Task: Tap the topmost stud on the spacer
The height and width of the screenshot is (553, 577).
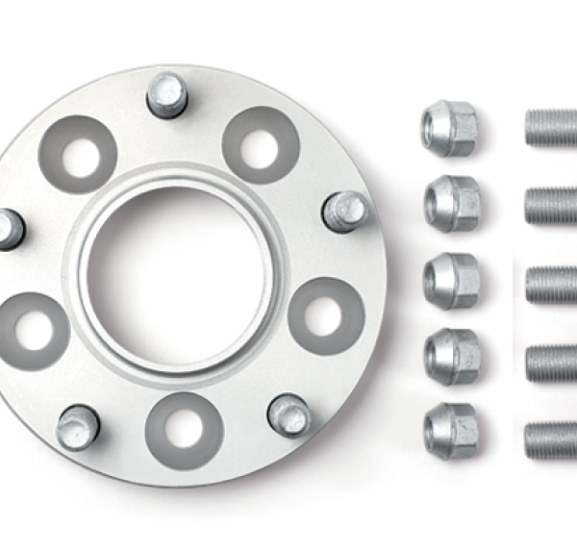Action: pos(167,94)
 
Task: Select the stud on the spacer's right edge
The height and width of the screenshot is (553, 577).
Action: pos(344,211)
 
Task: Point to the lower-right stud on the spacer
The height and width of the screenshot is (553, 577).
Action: pos(289,414)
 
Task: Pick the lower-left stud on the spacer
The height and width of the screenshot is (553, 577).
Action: pos(78,426)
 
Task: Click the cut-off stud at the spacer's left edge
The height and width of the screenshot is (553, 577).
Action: pos(9,229)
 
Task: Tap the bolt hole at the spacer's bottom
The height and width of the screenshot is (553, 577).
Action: pos(185,425)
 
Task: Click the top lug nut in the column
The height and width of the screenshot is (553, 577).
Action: pos(448,128)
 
